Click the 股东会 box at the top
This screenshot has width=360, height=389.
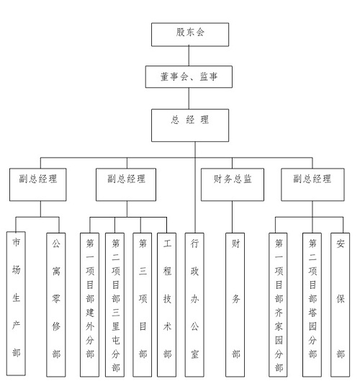click(190, 35)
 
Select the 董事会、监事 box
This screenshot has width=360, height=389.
click(189, 76)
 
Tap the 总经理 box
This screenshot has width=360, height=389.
click(190, 125)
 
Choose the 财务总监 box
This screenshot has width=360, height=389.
click(233, 184)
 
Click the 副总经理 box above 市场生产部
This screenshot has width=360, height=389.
click(38, 184)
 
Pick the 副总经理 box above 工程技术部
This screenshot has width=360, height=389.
click(126, 184)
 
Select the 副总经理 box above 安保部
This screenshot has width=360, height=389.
click(312, 184)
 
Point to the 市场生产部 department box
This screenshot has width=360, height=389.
click(16, 303)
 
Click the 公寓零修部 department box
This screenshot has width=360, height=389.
click(56, 305)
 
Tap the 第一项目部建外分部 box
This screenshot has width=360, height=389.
click(89, 305)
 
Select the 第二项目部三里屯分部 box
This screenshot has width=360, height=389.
click(114, 305)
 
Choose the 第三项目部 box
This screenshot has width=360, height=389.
click(143, 305)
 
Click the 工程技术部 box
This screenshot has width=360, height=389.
click(166, 305)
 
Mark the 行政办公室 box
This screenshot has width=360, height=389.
click(194, 305)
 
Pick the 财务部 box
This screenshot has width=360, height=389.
click(235, 305)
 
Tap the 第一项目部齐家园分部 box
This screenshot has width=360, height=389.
click(278, 305)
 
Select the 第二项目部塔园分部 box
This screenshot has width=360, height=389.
click(312, 305)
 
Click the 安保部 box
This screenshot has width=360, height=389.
click(340, 305)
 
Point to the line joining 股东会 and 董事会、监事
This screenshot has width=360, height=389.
click(189, 56)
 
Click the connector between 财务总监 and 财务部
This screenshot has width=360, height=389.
click(233, 217)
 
